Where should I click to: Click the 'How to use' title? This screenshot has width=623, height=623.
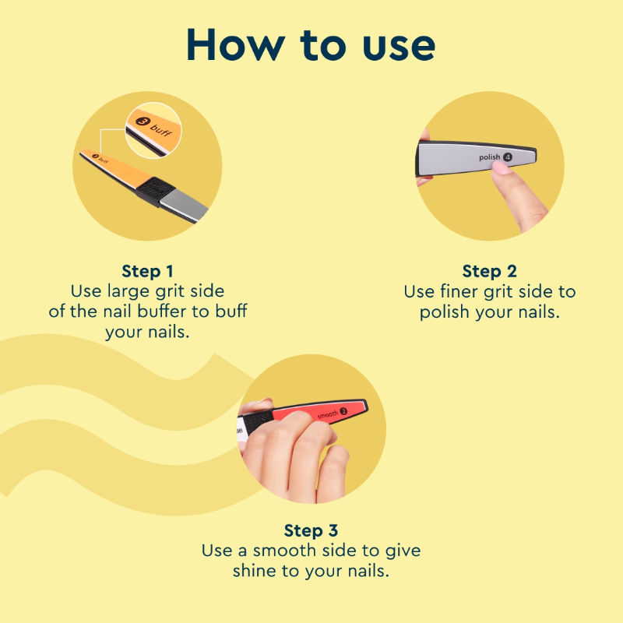coord(311,44)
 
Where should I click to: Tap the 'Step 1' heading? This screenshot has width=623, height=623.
coord(147,271)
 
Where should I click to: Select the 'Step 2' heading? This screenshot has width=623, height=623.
coord(490,271)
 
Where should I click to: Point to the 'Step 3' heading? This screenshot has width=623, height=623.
coord(311,530)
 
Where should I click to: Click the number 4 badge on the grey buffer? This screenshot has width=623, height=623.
coord(508,157)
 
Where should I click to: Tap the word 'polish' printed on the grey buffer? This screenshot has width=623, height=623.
coord(490,157)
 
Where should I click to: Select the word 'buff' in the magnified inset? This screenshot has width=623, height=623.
coord(161,130)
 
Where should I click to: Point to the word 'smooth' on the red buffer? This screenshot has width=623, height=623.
coord(327,414)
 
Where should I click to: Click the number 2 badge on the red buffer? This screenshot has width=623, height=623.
coord(343,411)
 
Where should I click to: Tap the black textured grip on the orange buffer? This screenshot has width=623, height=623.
coord(157,191)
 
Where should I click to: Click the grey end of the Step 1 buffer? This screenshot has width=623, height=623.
coord(184,205)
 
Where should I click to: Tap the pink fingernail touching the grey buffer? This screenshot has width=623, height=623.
coord(502,167)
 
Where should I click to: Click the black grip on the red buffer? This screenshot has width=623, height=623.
coord(259,421)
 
